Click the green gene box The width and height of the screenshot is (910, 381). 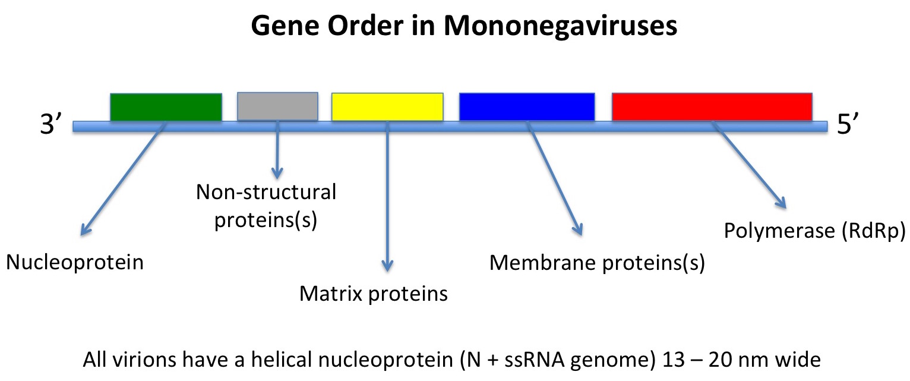[x=166, y=107]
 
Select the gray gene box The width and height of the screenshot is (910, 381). [x=277, y=106]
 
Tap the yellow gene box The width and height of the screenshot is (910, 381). [x=387, y=107]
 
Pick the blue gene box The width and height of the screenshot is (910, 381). [x=527, y=107]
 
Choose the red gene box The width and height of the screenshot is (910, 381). [x=712, y=107]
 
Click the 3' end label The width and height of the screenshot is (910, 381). [x=52, y=126]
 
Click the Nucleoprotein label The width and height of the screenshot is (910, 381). [x=75, y=262]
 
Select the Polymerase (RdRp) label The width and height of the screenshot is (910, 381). [x=814, y=231]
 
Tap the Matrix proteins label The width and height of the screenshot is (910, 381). [x=373, y=293]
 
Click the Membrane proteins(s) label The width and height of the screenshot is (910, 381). [x=597, y=262]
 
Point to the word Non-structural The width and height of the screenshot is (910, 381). [x=266, y=192]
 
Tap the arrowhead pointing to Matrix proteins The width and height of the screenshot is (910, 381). [x=387, y=267]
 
